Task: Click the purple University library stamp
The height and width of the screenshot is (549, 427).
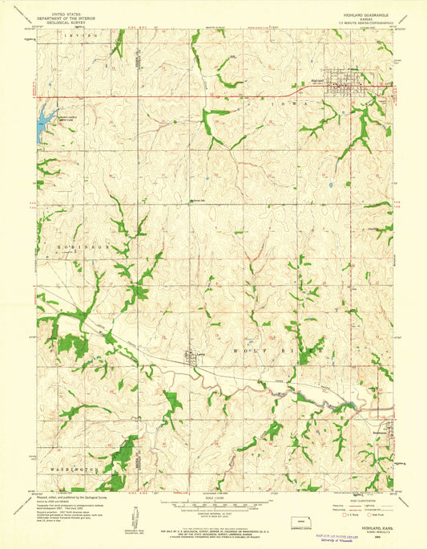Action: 343,538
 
